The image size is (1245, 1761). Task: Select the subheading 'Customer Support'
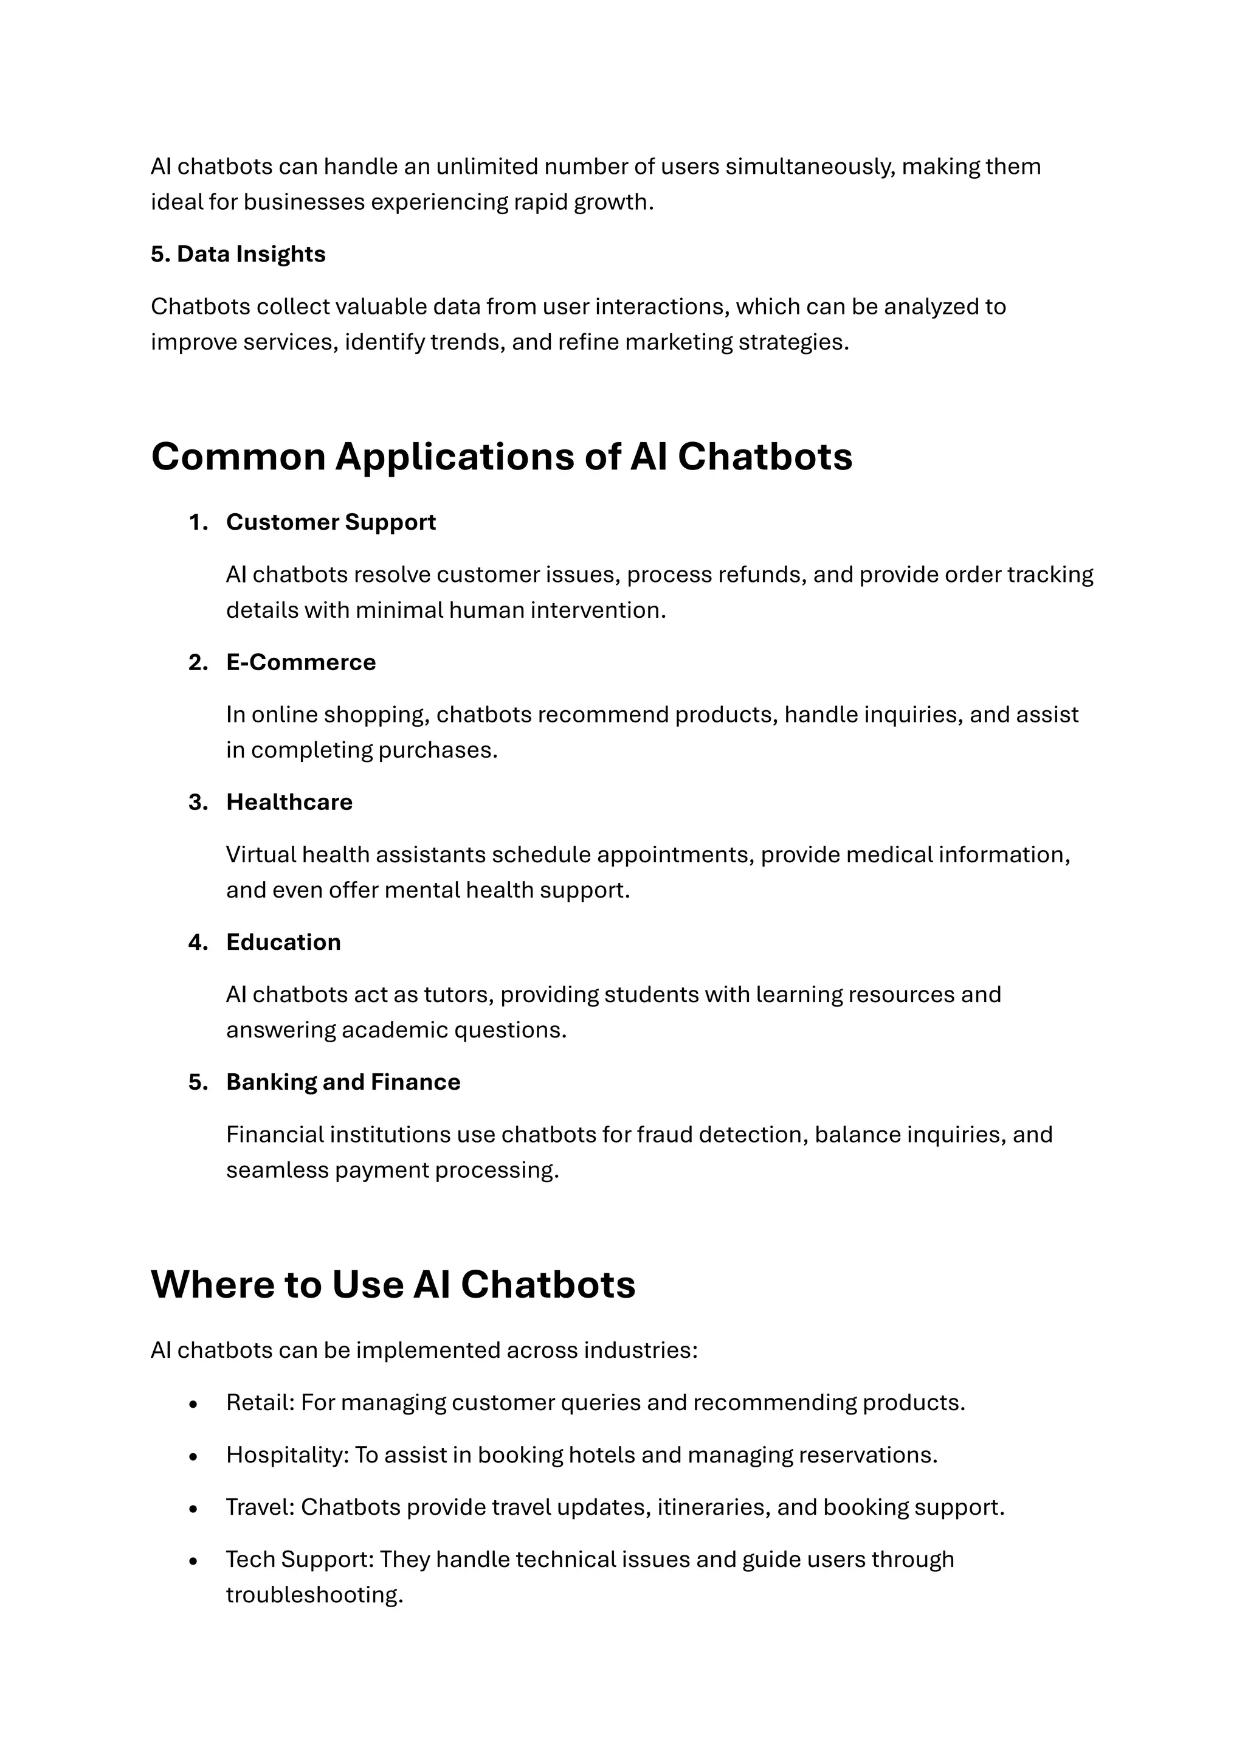331,522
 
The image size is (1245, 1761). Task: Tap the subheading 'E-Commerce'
300,662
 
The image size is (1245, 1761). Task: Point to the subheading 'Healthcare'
289,802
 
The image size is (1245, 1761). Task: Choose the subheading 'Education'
283,942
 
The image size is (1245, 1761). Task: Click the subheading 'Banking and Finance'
343,1082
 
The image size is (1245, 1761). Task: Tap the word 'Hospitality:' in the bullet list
288,1455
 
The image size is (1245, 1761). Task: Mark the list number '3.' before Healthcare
198,802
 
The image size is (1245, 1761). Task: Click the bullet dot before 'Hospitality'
193,1456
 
